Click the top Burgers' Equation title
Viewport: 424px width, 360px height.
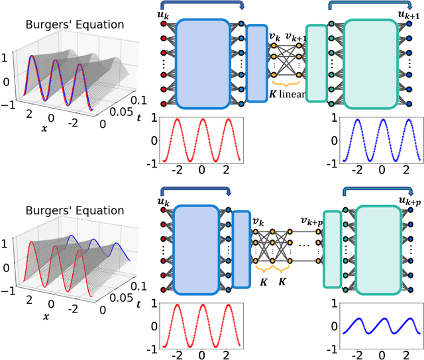tap(74, 25)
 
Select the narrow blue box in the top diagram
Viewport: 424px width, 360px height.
tap(256, 63)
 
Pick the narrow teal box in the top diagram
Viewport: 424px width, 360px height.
tap(317, 63)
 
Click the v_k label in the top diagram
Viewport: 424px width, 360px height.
tap(276, 38)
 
